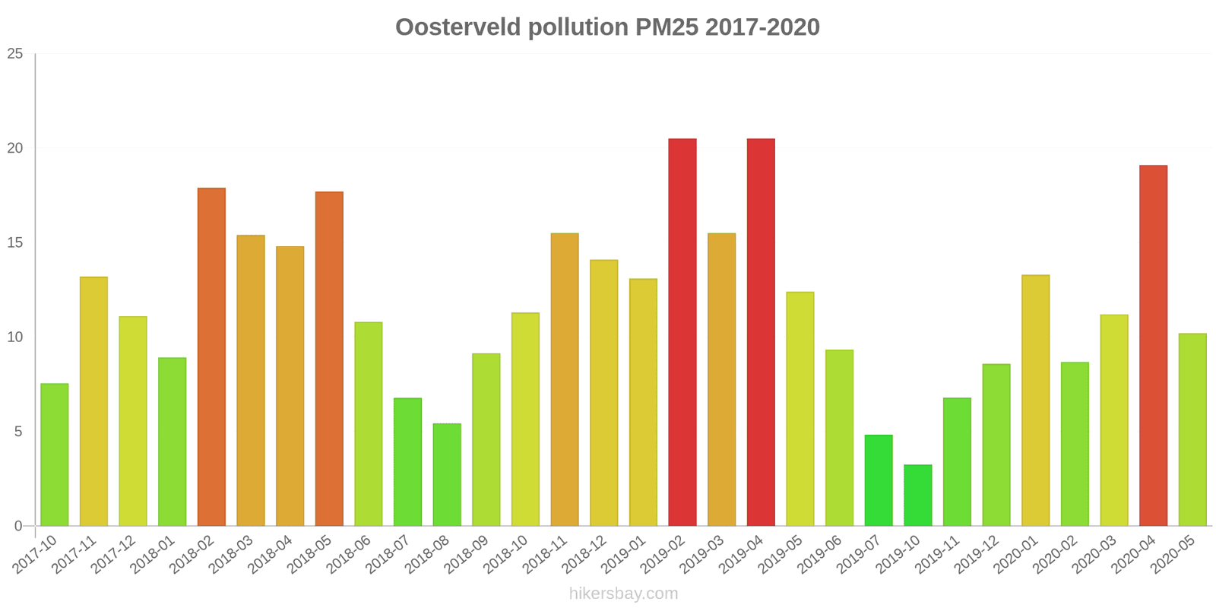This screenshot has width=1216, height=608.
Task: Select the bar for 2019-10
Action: point(918,495)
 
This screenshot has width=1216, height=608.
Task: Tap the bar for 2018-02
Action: point(211,356)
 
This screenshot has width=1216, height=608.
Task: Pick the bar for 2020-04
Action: point(1154,345)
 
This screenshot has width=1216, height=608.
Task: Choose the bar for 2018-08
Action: point(447,474)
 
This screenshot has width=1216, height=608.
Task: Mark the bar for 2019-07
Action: point(879,480)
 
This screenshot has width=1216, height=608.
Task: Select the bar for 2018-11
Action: point(565,379)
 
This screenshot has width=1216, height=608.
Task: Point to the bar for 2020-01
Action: point(1036,400)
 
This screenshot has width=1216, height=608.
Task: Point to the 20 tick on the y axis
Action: point(15,148)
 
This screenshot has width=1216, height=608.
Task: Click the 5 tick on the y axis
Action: point(19,432)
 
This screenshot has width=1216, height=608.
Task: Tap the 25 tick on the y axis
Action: point(15,54)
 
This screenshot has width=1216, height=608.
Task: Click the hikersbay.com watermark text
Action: point(623,594)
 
